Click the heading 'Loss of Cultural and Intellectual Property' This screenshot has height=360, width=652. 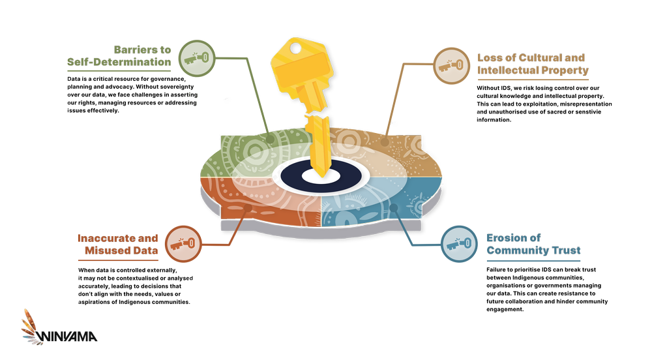[532, 64]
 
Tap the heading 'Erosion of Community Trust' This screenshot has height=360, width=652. [533, 244]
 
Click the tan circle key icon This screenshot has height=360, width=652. [452, 66]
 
